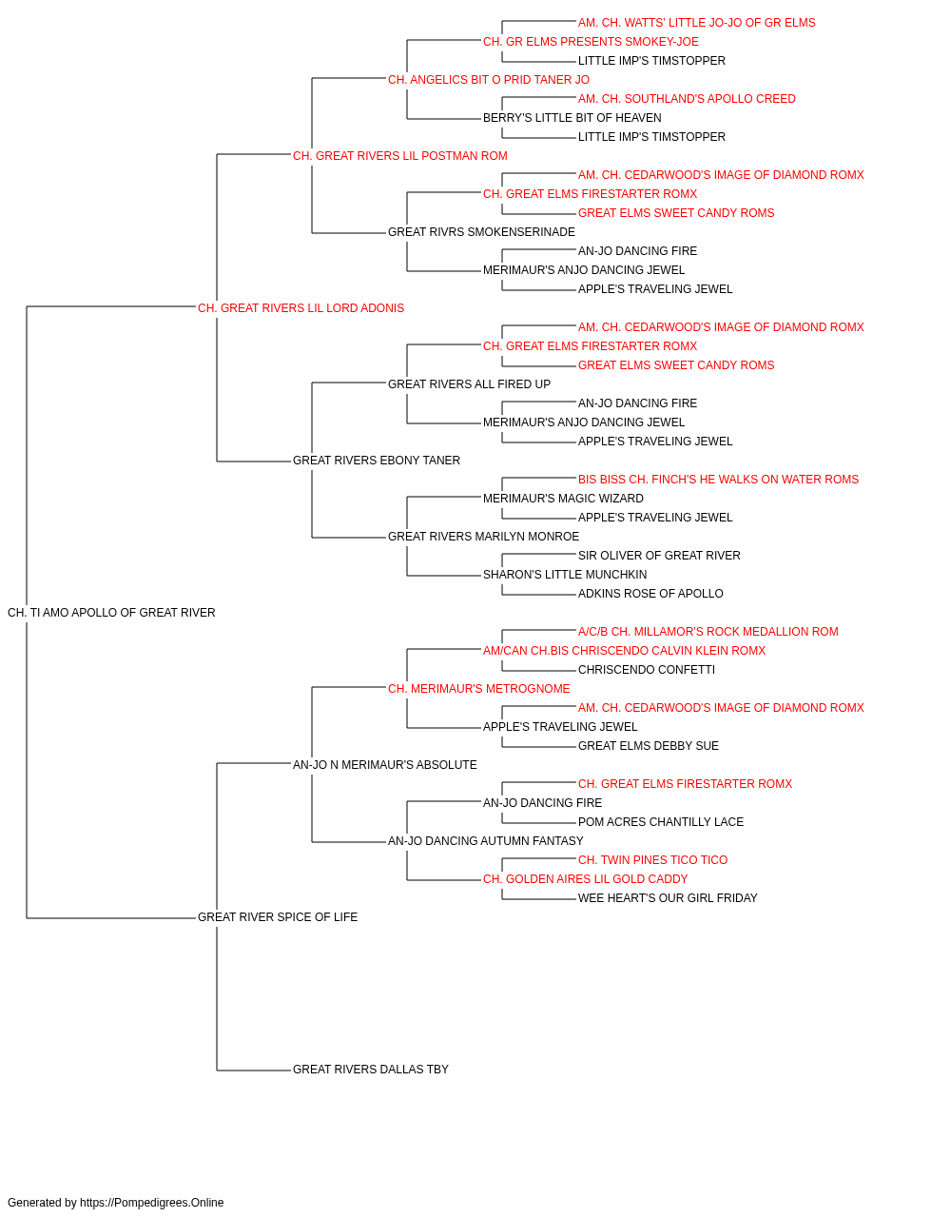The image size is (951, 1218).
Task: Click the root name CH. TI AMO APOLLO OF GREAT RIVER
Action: tap(111, 613)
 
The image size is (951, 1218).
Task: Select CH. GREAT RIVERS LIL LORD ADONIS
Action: tap(301, 308)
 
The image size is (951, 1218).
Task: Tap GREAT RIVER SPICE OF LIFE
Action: tap(278, 917)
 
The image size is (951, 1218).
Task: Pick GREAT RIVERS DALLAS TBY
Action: tap(370, 1070)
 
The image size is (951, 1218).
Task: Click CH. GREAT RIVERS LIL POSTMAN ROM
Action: tap(399, 156)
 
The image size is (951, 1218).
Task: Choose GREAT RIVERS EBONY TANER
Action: tap(377, 461)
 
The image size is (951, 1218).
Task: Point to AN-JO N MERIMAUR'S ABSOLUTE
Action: tap(385, 765)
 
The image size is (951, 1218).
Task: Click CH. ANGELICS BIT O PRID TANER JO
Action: tap(489, 80)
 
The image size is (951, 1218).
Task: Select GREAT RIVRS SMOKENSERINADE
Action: tap(481, 232)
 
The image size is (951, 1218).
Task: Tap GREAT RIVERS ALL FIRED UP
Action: tap(470, 384)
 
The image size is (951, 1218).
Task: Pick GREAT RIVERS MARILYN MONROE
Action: tap(483, 537)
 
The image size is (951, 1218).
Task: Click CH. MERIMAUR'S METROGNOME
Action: tap(479, 689)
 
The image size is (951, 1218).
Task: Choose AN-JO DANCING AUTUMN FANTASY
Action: tap(486, 841)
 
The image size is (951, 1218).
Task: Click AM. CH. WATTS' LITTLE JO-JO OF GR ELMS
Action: tap(697, 23)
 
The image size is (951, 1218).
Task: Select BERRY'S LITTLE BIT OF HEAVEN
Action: tap(572, 118)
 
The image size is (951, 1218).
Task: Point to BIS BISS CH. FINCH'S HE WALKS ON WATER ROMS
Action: tap(718, 480)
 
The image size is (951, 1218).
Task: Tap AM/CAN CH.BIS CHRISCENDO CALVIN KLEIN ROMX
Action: tap(624, 651)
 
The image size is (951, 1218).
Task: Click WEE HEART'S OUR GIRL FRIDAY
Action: tap(668, 898)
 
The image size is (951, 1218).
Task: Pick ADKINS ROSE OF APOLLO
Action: tap(650, 594)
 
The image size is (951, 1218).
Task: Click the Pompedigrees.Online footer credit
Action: tap(115, 1203)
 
